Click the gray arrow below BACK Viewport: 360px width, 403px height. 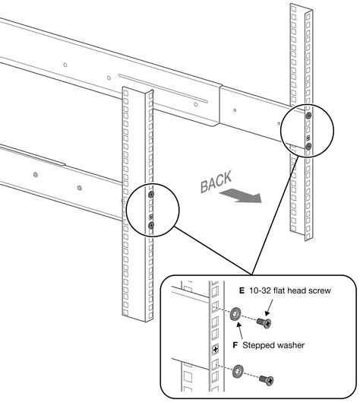click(x=242, y=198)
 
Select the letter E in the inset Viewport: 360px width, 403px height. click(x=242, y=290)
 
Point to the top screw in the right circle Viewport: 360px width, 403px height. click(x=308, y=116)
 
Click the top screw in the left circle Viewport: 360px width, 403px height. click(x=152, y=195)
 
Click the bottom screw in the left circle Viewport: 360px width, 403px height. click(x=152, y=226)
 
